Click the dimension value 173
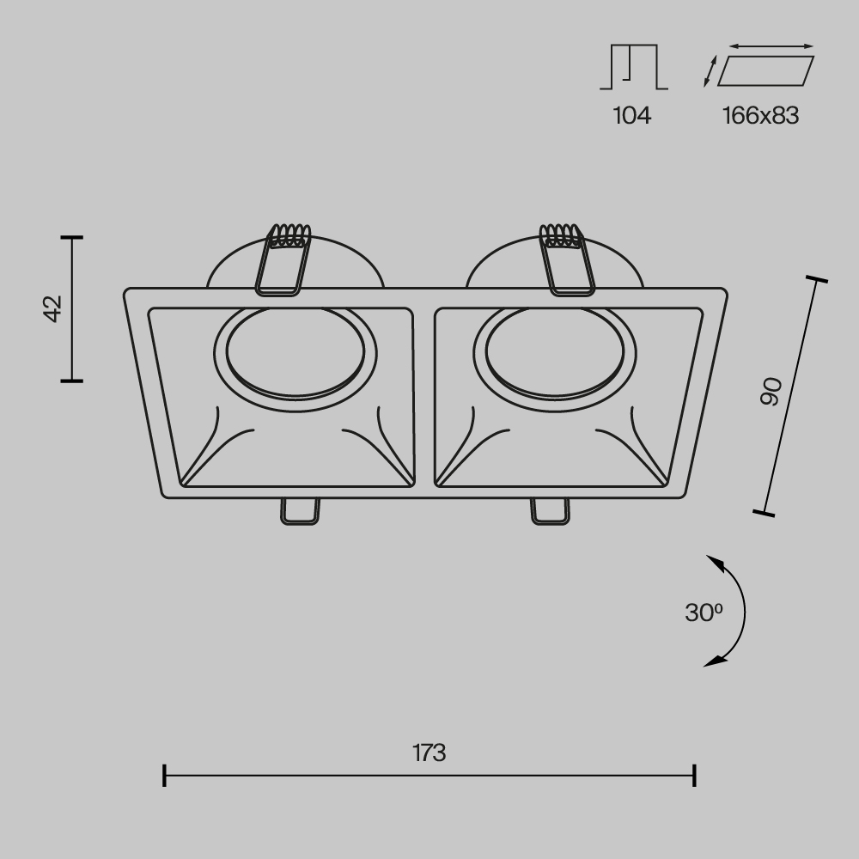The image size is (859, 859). click(x=429, y=753)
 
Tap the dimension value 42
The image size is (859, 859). click(x=53, y=308)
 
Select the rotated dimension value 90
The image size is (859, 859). click(x=771, y=391)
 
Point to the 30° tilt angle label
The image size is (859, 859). click(x=704, y=612)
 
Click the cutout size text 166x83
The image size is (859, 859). click(x=760, y=115)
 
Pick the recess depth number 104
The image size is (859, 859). click(x=631, y=115)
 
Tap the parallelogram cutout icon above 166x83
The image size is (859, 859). click(x=765, y=71)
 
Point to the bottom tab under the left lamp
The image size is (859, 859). click(x=299, y=510)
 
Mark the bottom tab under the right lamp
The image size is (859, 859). click(x=550, y=510)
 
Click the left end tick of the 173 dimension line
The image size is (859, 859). click(x=164, y=775)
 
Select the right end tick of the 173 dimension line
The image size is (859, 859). click(x=694, y=775)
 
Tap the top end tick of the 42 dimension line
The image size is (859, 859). click(x=71, y=236)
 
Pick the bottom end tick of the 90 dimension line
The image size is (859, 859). click(x=763, y=513)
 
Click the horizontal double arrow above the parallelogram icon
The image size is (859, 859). click(x=771, y=46)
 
